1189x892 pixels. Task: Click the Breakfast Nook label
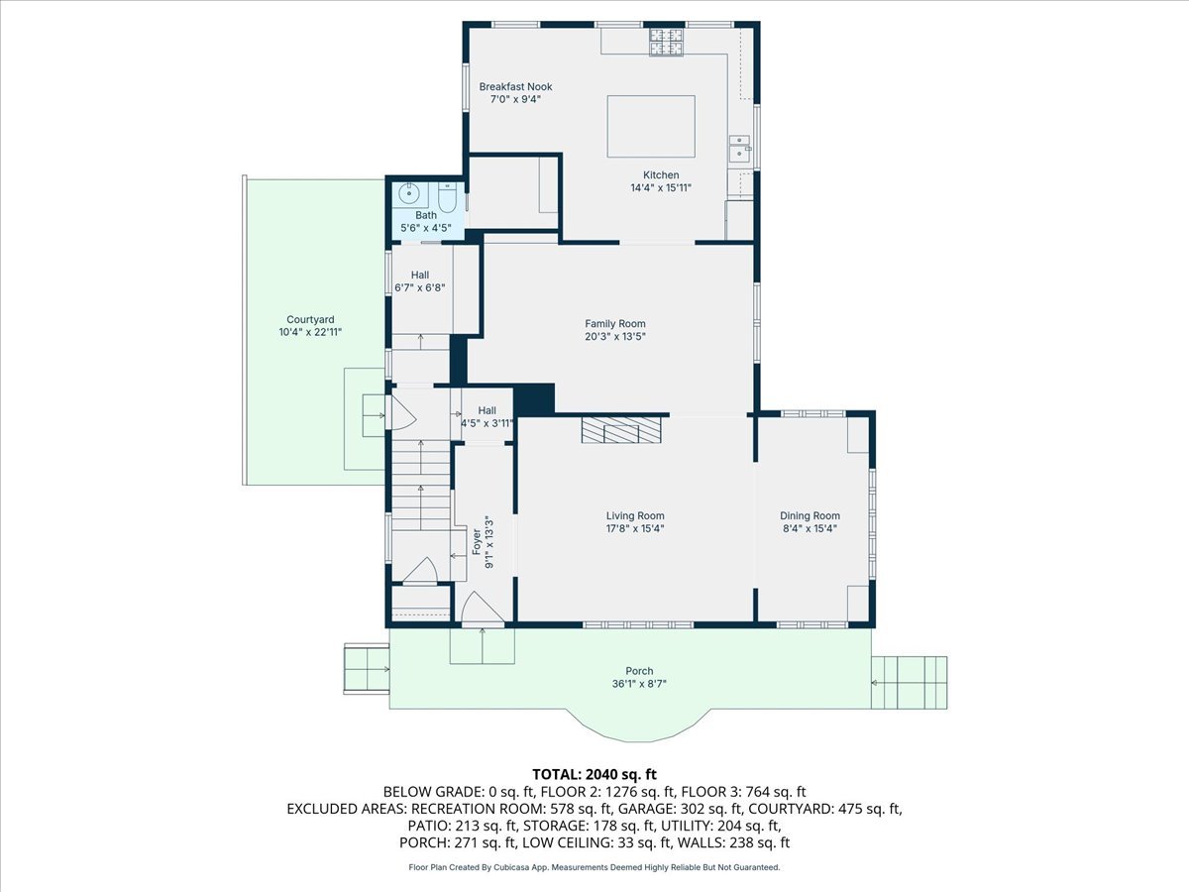pos(515,86)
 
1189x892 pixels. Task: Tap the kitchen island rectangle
pos(651,126)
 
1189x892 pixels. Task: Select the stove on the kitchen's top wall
pos(666,42)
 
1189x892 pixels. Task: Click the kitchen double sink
pos(740,149)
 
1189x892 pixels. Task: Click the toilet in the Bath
pos(446,197)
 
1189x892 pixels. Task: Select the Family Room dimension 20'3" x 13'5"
pos(615,337)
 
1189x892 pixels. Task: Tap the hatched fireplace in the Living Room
pos(621,430)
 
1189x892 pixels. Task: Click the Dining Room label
pos(810,515)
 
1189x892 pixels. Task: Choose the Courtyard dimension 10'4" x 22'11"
pos(310,333)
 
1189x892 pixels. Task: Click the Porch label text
pos(639,671)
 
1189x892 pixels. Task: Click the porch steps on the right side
pos(909,682)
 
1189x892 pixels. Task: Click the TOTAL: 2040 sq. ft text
pos(594,774)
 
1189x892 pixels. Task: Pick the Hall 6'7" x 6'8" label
pos(419,281)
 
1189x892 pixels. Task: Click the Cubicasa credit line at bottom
pos(594,867)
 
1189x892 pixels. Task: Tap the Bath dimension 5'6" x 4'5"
pos(425,228)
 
